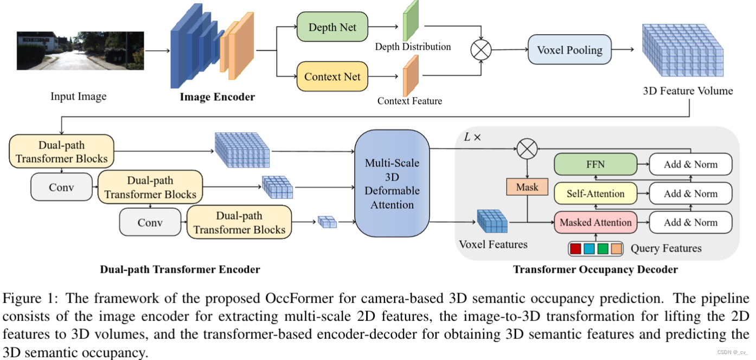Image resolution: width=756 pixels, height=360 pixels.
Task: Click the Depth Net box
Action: point(332,28)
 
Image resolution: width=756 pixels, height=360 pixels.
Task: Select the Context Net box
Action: point(332,76)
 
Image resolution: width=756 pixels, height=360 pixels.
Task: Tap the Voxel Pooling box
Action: point(569,50)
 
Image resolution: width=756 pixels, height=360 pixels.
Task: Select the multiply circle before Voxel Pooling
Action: point(480,50)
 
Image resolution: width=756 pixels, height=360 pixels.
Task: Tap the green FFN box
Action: point(595,164)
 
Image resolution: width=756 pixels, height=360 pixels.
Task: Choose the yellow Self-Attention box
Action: point(595,194)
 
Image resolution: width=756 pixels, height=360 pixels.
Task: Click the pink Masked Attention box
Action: point(595,222)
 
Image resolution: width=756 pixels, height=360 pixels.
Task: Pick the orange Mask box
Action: point(527,187)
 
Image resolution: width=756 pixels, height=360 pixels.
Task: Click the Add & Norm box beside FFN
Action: point(690,164)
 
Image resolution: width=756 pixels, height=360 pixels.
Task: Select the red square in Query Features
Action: point(576,249)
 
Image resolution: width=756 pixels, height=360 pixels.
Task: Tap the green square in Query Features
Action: point(603,249)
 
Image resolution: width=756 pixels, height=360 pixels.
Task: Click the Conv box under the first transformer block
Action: point(61,188)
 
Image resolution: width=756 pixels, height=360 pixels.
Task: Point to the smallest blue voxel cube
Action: point(328,222)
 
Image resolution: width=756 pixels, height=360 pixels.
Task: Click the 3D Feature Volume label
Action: point(688,91)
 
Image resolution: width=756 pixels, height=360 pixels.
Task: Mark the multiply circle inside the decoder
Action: point(527,149)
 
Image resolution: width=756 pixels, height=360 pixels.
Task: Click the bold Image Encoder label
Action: point(217,97)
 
